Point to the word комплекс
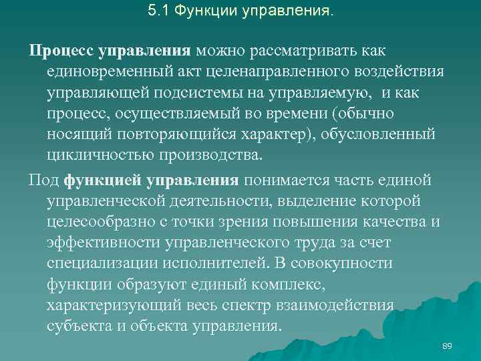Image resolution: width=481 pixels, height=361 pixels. click(288, 285)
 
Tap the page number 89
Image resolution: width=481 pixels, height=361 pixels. click(448, 346)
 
